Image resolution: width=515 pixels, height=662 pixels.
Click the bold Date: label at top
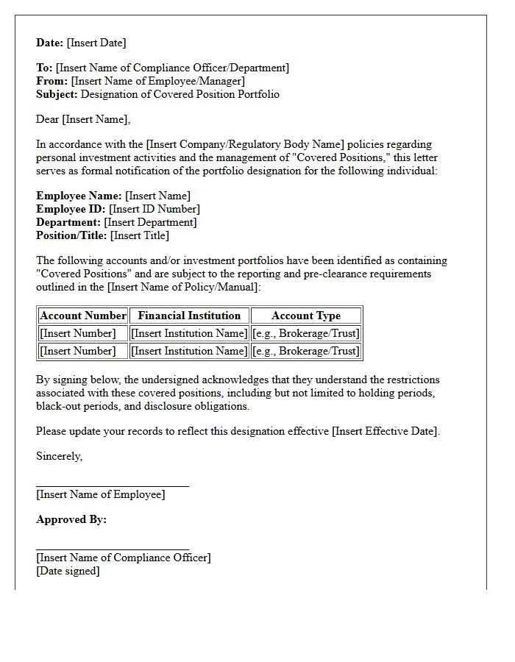(x=50, y=43)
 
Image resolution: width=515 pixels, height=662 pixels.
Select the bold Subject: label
(x=57, y=94)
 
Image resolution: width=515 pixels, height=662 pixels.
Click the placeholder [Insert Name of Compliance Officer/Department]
(x=172, y=68)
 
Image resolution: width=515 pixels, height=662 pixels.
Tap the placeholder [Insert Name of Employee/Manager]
(x=157, y=81)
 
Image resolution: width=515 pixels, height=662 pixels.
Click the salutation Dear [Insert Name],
(x=83, y=119)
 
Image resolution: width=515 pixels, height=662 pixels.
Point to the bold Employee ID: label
(x=71, y=209)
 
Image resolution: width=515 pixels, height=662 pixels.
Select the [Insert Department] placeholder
(x=150, y=222)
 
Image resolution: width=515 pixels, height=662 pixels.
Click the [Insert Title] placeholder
(x=139, y=235)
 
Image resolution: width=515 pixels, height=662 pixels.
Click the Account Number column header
(x=83, y=316)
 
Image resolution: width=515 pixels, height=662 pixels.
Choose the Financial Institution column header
(x=189, y=316)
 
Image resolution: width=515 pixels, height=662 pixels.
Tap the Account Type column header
(x=306, y=316)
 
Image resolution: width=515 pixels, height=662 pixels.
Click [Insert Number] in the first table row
(x=78, y=333)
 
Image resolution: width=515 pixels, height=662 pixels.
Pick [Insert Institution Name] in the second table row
(x=189, y=351)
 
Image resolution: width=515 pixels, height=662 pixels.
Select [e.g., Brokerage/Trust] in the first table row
(x=306, y=333)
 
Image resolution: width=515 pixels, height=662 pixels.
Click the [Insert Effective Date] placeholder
(x=386, y=431)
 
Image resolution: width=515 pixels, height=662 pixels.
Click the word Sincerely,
(x=60, y=456)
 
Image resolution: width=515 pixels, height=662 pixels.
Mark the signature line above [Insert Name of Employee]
(x=113, y=486)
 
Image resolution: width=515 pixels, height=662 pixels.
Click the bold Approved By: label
(x=71, y=519)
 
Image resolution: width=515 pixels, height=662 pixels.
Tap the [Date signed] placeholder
(x=68, y=571)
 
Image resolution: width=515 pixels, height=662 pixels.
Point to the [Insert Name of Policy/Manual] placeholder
(x=183, y=287)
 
